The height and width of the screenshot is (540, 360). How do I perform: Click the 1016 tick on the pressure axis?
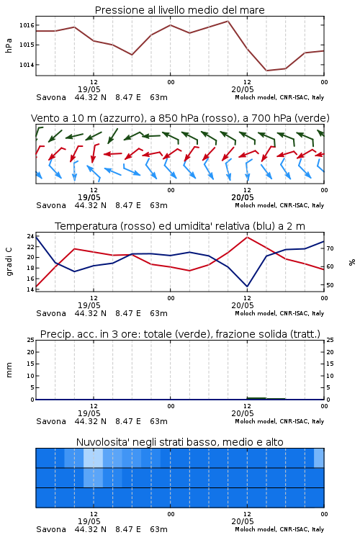(27, 25)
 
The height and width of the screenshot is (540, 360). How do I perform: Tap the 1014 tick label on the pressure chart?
(27, 65)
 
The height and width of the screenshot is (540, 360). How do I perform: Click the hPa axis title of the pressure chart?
(9, 45)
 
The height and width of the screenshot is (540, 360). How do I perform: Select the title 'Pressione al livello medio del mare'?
(180, 10)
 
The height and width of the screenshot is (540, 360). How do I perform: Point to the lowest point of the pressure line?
(266, 71)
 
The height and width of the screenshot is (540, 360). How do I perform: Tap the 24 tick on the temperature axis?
(31, 236)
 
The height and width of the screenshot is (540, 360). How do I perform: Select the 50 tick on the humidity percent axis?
(330, 285)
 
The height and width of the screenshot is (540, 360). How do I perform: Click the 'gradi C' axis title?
(9, 261)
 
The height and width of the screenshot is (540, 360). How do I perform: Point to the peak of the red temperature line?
(247, 237)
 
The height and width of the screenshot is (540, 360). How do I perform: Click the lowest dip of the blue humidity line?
(247, 286)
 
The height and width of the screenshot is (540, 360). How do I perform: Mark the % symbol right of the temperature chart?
(352, 262)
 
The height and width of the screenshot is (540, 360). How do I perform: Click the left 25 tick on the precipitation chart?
(31, 340)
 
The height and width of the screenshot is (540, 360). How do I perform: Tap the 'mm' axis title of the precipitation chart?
(9, 370)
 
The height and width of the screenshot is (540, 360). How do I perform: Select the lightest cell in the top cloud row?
(94, 458)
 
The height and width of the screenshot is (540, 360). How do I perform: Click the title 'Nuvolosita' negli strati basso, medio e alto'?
(180, 442)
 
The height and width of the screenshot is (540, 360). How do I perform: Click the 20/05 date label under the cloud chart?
(243, 521)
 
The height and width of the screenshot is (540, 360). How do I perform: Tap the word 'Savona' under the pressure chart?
(51, 97)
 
